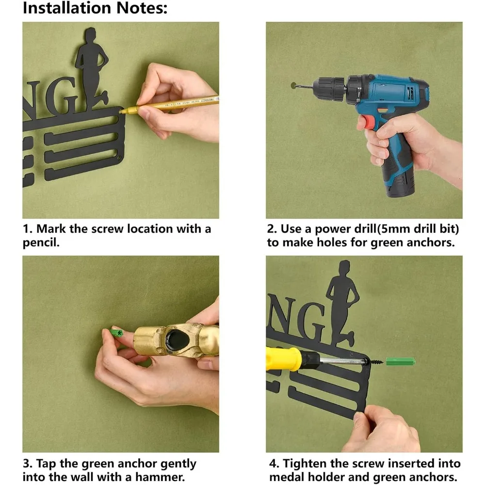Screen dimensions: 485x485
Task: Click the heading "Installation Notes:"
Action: pyautogui.click(x=95, y=8)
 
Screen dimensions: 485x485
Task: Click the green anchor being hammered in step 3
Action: pyautogui.click(x=116, y=333)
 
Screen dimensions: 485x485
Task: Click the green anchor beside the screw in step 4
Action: pyautogui.click(x=400, y=361)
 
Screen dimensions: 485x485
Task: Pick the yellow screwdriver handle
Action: pyautogui.click(x=283, y=358)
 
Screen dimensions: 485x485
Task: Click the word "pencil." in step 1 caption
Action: pyautogui.click(x=41, y=242)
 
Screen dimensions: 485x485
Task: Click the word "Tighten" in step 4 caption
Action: pyautogui.click(x=305, y=464)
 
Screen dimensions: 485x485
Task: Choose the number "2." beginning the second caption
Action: pyautogui.click(x=272, y=229)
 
